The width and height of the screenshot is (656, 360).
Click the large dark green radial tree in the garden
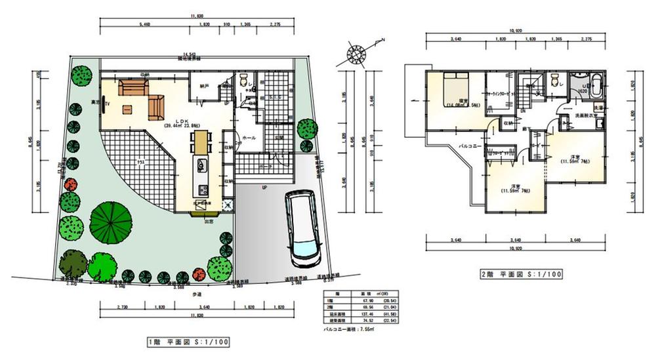[x=110, y=218]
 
